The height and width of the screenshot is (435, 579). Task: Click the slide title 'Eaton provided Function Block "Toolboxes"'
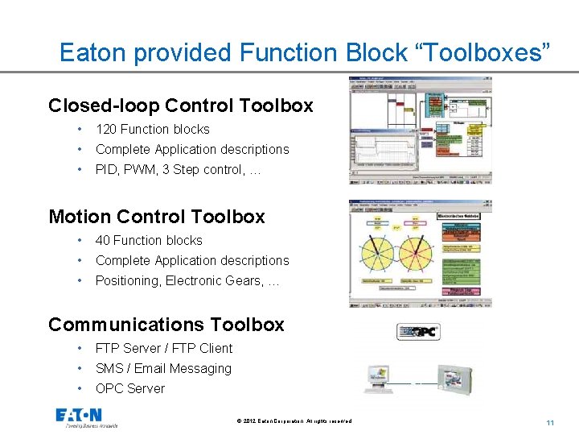306,53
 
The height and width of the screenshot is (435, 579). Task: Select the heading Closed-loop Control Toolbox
180,106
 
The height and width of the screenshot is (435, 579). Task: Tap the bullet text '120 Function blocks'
152,129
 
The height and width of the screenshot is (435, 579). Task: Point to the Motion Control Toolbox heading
157,217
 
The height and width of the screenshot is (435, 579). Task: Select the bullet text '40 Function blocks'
149,240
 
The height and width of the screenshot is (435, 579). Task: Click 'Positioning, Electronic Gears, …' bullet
187,280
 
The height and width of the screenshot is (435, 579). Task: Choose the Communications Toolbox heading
166,325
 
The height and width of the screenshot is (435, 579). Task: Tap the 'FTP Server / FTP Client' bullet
163,348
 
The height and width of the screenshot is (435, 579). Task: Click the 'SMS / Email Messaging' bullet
163,368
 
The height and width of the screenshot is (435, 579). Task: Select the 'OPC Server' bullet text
129,388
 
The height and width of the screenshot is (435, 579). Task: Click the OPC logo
418,331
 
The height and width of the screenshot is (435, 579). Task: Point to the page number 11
550,423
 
